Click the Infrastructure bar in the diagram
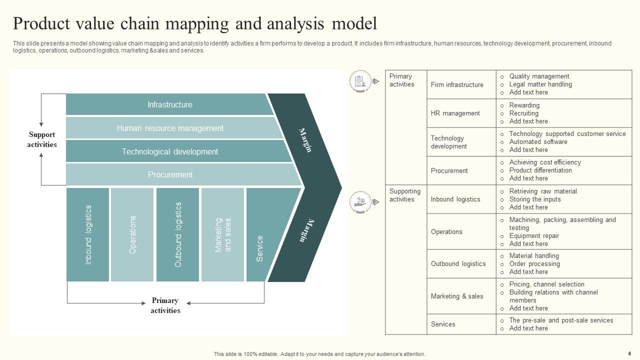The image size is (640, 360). pyautogui.click(x=170, y=104)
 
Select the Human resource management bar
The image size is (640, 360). pyautogui.click(x=170, y=128)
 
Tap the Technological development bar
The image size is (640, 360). pyautogui.click(x=170, y=151)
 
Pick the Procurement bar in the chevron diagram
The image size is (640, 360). pyautogui.click(x=170, y=174)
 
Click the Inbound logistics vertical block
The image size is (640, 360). pyautogui.click(x=88, y=234)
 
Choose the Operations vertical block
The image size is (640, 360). pyautogui.click(x=132, y=234)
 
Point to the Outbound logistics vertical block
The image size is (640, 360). pyautogui.click(x=178, y=234)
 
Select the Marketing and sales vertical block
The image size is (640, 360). pyautogui.click(x=223, y=234)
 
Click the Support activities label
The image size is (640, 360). pyautogui.click(x=42, y=139)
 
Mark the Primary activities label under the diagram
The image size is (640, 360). pyautogui.click(x=165, y=305)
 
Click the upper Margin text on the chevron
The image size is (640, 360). pyautogui.click(x=305, y=140)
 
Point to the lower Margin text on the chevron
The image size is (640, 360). pyautogui.click(x=306, y=230)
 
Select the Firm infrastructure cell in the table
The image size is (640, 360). pyautogui.click(x=457, y=84)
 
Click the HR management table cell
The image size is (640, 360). pyautogui.click(x=455, y=113)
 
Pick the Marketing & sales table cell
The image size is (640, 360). pyautogui.click(x=457, y=296)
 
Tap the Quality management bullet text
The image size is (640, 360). pyautogui.click(x=539, y=76)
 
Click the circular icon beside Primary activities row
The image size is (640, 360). pyautogui.click(x=360, y=81)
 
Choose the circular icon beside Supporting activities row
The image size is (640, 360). pyautogui.click(x=360, y=202)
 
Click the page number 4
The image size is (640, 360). pyautogui.click(x=629, y=353)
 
